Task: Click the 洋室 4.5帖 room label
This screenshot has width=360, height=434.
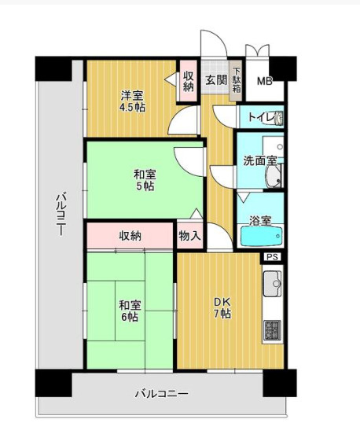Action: [132, 101]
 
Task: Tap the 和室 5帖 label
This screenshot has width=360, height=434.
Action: [145, 180]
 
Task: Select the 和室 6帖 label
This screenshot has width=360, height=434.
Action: [130, 311]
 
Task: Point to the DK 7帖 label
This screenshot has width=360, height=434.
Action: [222, 307]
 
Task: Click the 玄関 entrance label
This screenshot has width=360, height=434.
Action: [216, 80]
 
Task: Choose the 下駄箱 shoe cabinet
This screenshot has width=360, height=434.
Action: [237, 81]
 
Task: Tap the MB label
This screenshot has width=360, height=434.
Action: [265, 82]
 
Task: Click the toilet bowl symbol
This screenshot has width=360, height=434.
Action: [279, 117]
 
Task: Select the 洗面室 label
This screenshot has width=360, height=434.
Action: [260, 160]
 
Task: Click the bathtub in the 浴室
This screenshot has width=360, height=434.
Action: [261, 236]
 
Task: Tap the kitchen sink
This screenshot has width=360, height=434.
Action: [272, 283]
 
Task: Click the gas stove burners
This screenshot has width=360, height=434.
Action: [272, 330]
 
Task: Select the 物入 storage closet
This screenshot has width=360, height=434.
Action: [189, 236]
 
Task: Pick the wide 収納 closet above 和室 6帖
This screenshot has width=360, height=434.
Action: [130, 236]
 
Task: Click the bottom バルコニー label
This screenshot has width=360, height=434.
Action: [162, 394]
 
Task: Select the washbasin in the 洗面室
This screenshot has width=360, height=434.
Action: [274, 177]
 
